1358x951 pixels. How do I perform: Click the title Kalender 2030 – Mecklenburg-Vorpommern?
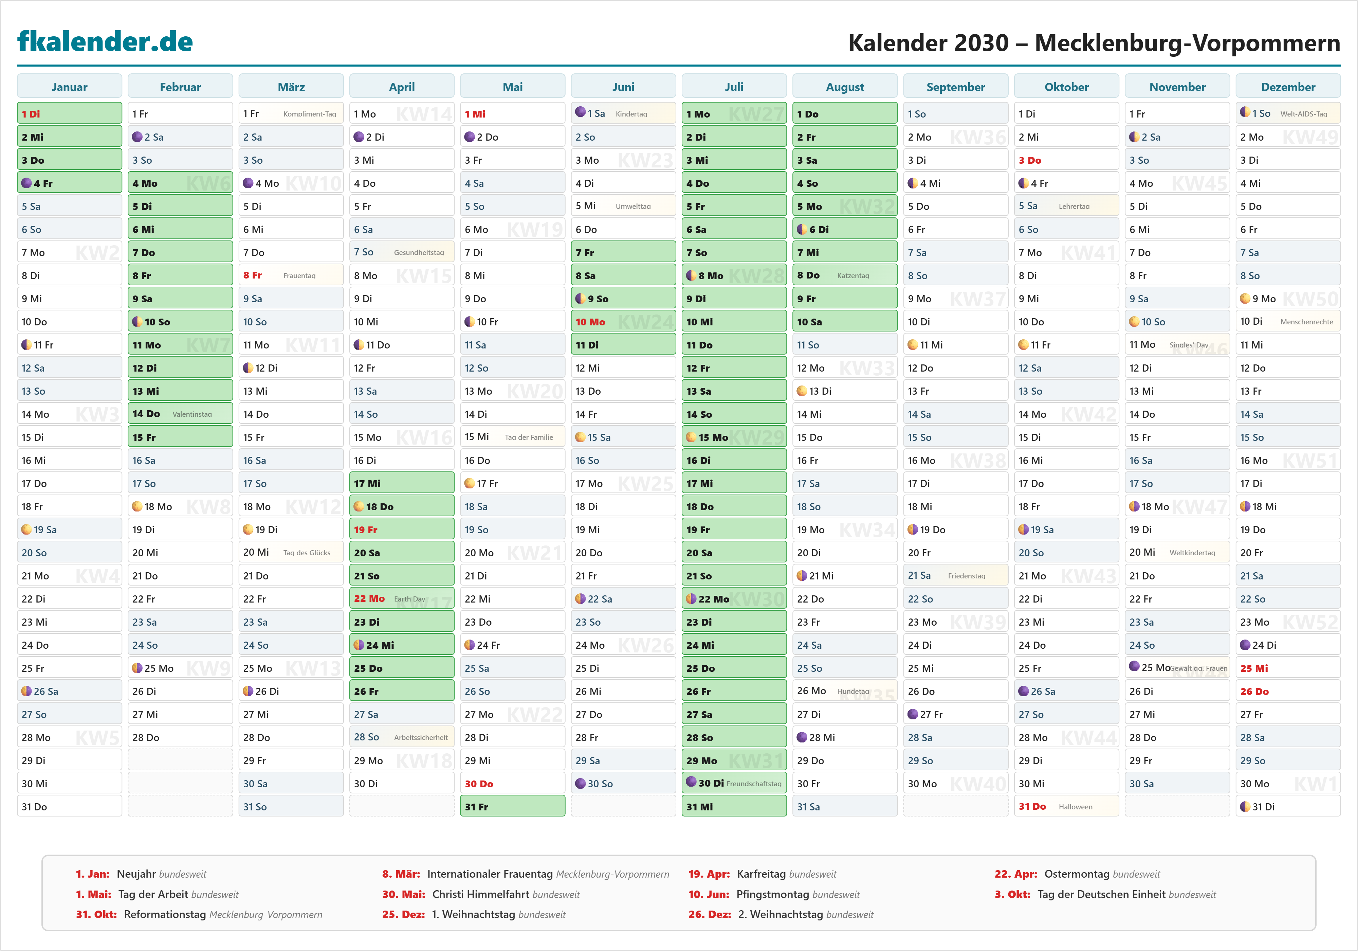1094,42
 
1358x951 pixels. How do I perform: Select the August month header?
845,87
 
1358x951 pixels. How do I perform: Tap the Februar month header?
180,87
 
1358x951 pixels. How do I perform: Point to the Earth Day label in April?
409,599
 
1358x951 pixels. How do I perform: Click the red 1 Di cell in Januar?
69,114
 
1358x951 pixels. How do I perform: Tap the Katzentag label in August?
853,276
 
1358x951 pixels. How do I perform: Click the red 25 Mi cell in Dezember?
1288,668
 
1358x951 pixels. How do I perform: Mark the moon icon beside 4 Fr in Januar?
26,183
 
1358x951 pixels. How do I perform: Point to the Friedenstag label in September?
967,576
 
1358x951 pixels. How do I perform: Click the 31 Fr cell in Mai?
512,807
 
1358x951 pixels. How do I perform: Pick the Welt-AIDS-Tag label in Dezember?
1304,114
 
